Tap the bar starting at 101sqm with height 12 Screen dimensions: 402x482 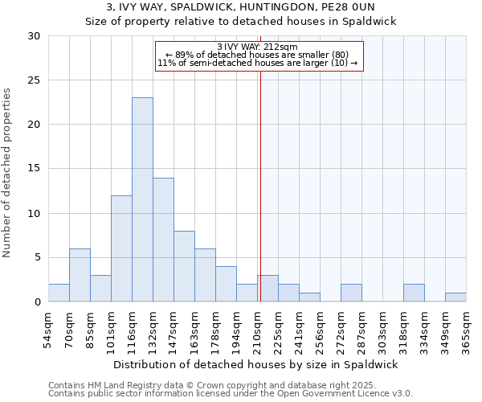point(121,248)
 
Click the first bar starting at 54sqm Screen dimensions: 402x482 point(59,293)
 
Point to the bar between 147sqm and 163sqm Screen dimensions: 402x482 point(184,266)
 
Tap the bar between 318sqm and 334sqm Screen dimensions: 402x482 point(414,293)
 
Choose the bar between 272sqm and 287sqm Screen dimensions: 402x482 point(351,293)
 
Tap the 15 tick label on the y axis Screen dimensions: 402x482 point(33,169)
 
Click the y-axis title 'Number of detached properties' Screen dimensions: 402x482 point(7,173)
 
